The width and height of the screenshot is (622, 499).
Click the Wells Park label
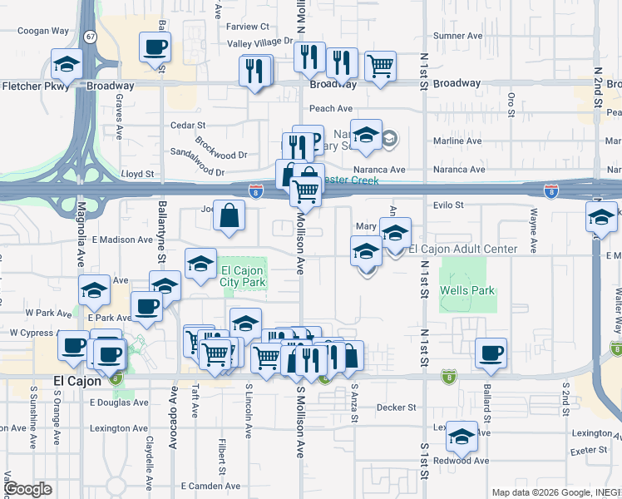tap(468, 290)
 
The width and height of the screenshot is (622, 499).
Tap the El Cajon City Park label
tap(243, 276)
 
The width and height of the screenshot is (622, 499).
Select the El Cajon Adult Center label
tap(462, 249)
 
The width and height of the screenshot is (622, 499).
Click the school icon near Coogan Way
tap(67, 63)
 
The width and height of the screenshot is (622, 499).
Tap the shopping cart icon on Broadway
tap(380, 65)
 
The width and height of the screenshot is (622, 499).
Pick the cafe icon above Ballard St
tap(491, 353)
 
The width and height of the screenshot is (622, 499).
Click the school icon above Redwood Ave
tap(462, 435)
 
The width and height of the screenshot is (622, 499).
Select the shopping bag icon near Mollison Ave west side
tap(229, 215)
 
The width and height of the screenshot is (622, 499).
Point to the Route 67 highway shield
tap(90, 37)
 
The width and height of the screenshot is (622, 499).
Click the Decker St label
tap(395, 408)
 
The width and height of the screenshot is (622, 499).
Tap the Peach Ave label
tap(331, 108)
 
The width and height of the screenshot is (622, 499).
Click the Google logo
tap(27, 489)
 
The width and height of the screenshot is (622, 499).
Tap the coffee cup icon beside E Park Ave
tap(146, 306)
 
